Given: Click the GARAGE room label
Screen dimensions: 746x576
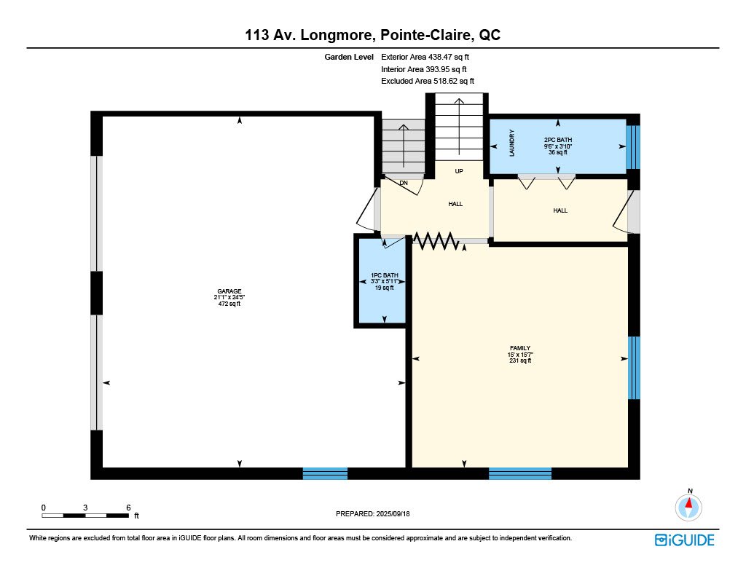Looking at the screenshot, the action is [229, 291].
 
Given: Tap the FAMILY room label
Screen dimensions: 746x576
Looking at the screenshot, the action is [520, 348].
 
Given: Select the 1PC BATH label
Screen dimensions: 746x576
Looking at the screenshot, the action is [385, 275].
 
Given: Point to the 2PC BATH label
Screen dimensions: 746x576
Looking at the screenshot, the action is [558, 140].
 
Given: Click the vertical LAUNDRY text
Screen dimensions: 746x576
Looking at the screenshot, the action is [512, 143].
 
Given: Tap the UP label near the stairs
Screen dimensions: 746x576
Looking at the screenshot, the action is [459, 171].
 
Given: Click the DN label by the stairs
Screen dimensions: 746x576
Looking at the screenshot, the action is [404, 183].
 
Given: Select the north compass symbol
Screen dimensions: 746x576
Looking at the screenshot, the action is [688, 506].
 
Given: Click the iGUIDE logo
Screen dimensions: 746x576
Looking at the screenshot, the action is [685, 540].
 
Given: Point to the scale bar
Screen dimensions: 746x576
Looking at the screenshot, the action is [85, 516].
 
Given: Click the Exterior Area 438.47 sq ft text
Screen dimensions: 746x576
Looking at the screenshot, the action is [425, 57].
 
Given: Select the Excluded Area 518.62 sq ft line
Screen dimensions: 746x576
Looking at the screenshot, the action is [427, 81].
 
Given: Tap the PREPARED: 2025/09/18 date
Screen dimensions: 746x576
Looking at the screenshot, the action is [372, 513].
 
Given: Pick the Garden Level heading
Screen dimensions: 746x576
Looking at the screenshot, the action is [349, 57].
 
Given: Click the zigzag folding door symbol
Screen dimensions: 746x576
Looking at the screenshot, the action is [436, 241].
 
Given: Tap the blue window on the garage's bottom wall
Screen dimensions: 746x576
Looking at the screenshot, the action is [325, 473].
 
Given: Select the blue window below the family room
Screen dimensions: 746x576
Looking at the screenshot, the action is [520, 473].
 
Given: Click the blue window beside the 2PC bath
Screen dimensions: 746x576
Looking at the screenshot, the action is [633, 147].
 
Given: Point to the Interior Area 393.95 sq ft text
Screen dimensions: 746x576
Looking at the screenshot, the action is [423, 69].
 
